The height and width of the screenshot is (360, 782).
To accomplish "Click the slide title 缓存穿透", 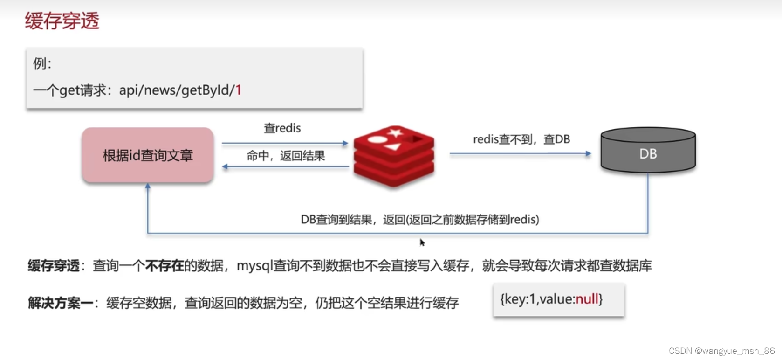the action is [x=62, y=21].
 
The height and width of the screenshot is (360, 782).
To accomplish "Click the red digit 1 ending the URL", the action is [x=238, y=90].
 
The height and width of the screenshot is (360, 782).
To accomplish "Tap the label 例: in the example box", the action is [x=42, y=63].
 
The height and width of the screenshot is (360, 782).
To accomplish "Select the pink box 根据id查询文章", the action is [x=148, y=155].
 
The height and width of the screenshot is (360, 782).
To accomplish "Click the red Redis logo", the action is [x=394, y=156].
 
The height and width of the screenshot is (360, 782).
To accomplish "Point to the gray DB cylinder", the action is [x=648, y=150].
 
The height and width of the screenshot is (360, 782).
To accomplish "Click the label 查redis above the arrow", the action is [x=282, y=128].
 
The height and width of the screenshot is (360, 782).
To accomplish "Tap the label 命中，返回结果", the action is [x=286, y=156].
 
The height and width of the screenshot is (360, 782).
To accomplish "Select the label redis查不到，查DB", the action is [x=521, y=139].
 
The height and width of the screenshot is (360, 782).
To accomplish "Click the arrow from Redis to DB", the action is [x=520, y=153].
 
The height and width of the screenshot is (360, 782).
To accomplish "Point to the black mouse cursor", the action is [x=422, y=242].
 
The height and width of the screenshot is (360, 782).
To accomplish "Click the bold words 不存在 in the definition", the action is [x=165, y=266].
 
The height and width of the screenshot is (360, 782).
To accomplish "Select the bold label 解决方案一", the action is [x=61, y=303].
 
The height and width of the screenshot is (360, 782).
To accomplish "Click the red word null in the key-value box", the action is [x=587, y=299].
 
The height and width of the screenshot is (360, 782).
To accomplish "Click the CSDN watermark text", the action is [x=721, y=351].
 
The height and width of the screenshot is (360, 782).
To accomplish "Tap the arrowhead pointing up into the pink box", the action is [x=148, y=186].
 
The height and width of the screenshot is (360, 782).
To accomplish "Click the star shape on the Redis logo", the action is [x=395, y=133].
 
